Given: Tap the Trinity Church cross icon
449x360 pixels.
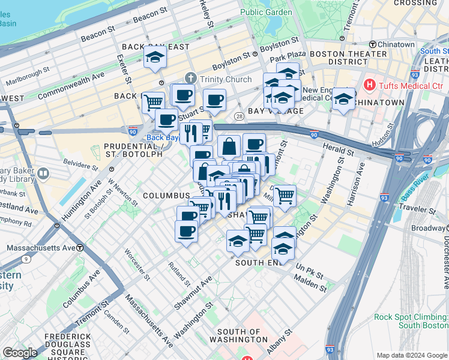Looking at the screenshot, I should (191, 79).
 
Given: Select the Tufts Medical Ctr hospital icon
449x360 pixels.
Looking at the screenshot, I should (370, 85).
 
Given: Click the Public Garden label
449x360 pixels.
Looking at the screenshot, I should (261, 12).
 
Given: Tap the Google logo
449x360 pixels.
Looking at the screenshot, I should (20, 353).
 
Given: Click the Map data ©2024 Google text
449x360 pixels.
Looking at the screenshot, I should (412, 355).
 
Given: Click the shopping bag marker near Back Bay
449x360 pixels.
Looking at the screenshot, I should (229, 146).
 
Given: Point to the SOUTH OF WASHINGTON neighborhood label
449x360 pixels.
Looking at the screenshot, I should (239, 335).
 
